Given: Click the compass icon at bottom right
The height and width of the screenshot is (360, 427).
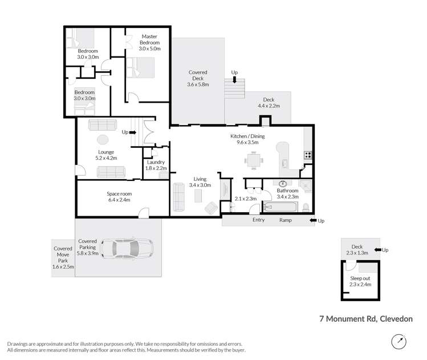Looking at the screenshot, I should (399, 342).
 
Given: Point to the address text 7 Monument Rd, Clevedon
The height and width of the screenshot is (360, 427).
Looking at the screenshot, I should (366, 320).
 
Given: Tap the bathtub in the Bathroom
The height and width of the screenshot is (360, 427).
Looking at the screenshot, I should (281, 206).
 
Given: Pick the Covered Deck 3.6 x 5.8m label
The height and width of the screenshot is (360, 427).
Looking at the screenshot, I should (198, 78).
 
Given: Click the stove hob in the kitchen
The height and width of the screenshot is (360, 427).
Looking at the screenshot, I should (308, 154).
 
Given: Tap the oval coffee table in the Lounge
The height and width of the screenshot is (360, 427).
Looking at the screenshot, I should (102, 139).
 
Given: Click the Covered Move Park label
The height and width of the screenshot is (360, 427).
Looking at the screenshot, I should (63, 257).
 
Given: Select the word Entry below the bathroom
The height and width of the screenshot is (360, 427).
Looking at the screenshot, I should (258, 220).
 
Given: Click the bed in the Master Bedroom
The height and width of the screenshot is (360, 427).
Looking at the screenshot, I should (140, 68).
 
